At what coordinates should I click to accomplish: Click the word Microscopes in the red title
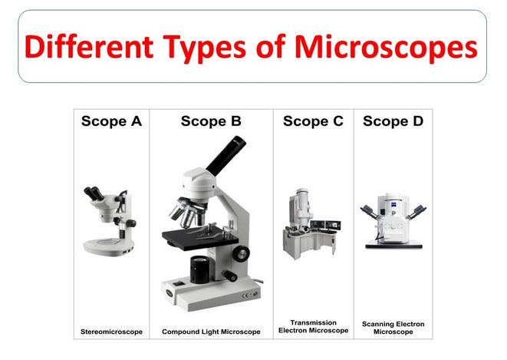click(386, 48)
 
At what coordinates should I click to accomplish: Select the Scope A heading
click(111, 121)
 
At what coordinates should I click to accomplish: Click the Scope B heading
click(211, 121)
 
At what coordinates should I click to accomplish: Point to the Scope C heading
click(313, 121)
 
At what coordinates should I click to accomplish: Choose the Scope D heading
click(393, 121)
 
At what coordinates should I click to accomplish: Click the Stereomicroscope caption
click(111, 332)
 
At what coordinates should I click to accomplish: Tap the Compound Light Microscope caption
click(211, 332)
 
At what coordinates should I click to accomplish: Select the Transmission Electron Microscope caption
click(313, 327)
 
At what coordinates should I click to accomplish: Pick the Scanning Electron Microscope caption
click(393, 328)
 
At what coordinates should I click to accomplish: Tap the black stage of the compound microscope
click(200, 238)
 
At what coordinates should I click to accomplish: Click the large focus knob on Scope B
click(241, 253)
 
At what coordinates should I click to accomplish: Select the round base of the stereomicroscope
click(109, 246)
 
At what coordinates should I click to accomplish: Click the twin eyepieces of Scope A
click(94, 193)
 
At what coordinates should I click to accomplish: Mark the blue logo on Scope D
click(394, 203)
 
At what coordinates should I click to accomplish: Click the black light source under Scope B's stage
click(200, 269)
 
